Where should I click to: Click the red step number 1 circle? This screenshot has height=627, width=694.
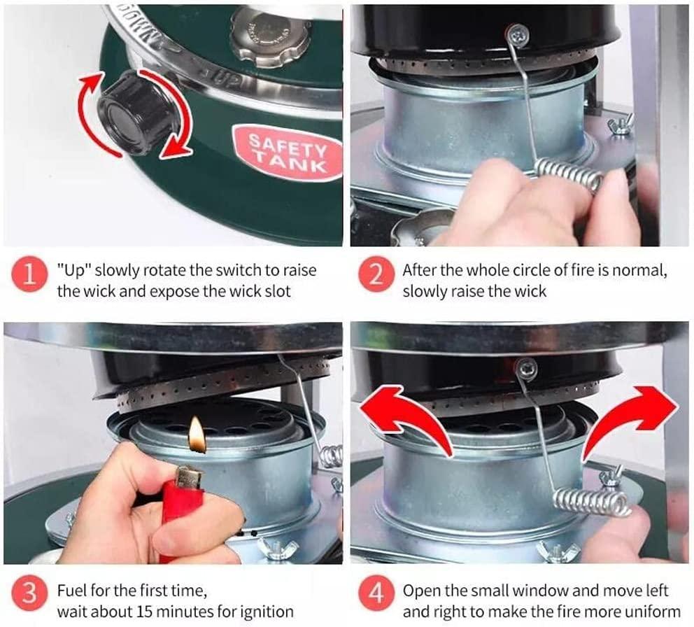click(29, 274)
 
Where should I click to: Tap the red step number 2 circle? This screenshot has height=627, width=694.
click(376, 274)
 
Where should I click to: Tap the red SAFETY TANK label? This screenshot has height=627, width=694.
click(288, 153)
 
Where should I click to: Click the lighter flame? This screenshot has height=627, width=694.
click(197, 435)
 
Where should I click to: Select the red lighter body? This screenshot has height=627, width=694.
click(181, 514)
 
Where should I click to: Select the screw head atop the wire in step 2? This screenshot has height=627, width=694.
click(518, 34)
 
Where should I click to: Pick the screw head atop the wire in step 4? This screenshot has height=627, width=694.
click(526, 367)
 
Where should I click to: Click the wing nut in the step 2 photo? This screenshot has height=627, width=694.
click(621, 125)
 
